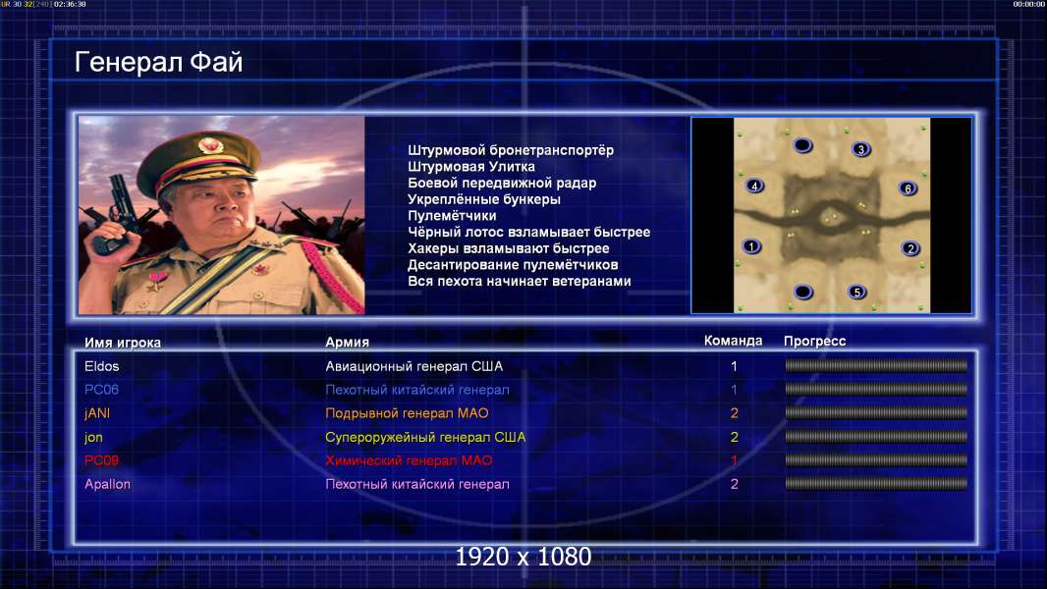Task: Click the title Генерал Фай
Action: [x=158, y=62]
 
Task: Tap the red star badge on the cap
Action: [x=209, y=144]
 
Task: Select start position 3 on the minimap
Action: [x=860, y=149]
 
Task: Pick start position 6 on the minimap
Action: [x=908, y=188]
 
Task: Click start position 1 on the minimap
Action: [x=751, y=246]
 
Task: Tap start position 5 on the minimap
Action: [x=857, y=292]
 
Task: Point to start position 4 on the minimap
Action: [x=754, y=186]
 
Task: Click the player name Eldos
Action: [x=101, y=366]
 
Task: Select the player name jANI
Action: [x=97, y=413]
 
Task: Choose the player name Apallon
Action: [x=107, y=484]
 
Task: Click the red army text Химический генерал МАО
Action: [x=409, y=460]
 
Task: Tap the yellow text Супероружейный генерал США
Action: [x=425, y=437]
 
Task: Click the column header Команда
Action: [x=733, y=341]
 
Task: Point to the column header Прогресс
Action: [x=814, y=342]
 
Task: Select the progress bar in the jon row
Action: [x=876, y=437]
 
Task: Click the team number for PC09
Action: [x=734, y=460]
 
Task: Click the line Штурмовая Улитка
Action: [x=471, y=167]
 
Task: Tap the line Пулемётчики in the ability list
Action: [x=452, y=216]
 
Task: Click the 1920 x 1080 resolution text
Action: [x=523, y=557]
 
